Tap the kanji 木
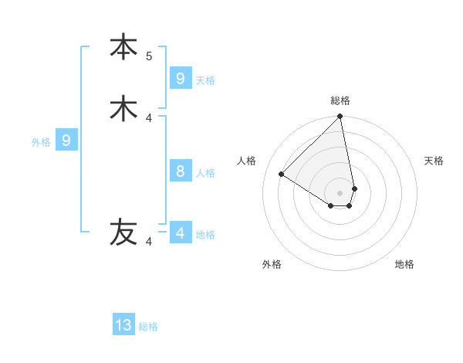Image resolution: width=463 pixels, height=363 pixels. [123, 108]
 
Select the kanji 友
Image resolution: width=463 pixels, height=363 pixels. [123, 232]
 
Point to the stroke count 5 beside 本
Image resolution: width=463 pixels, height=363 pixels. [149, 56]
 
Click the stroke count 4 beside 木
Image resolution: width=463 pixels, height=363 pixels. [149, 118]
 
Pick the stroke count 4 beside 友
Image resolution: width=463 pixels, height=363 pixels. [149, 242]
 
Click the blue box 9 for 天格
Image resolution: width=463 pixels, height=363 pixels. [181, 79]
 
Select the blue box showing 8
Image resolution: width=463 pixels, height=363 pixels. [181, 171]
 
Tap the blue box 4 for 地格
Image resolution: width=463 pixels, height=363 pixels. [181, 233]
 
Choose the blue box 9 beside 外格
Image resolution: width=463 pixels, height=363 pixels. [66, 141]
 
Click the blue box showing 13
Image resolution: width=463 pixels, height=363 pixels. [123, 325]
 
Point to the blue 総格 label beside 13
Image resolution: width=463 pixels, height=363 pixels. [148, 327]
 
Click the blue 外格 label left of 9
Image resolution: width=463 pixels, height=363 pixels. [41, 142]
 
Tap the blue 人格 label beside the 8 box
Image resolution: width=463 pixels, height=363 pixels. [205, 173]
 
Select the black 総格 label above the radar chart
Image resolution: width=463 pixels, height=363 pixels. [340, 100]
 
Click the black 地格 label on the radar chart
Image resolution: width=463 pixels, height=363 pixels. [404, 264]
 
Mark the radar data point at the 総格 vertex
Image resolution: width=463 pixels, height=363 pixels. [340, 117]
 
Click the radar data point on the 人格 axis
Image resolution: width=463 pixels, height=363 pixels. [282, 175]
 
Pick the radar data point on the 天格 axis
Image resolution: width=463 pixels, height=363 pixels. [354, 188]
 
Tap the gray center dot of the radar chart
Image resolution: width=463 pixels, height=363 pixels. [340, 193]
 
